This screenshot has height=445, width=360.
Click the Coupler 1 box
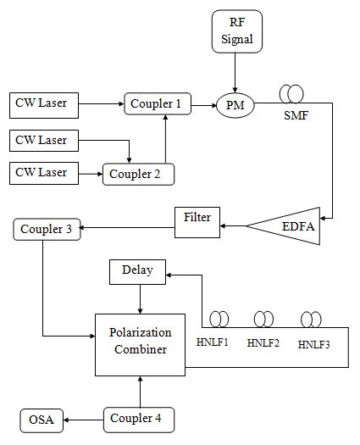click(x=155, y=104)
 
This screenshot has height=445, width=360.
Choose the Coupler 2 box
click(x=138, y=174)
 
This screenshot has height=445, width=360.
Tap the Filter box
click(x=197, y=218)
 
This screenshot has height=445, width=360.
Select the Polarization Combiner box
click(x=139, y=342)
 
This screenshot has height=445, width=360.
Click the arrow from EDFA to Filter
click(x=234, y=225)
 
